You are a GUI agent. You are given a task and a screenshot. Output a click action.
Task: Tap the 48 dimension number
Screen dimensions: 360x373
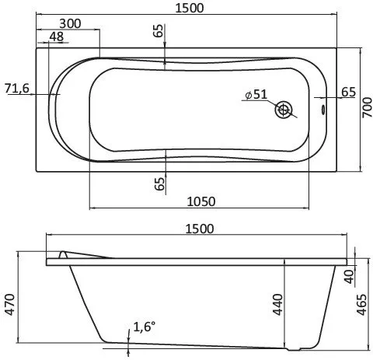(x=56, y=37)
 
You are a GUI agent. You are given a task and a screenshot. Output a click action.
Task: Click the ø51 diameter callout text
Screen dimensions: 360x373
(x=256, y=94)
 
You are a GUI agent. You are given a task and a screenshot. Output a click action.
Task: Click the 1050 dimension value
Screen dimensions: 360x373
(x=200, y=201)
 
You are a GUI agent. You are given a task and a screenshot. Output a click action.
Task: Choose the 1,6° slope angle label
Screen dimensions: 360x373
(x=145, y=327)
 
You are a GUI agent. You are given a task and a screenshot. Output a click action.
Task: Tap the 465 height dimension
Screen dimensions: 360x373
(x=363, y=306)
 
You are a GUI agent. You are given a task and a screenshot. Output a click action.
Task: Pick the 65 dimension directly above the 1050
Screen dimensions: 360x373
(x=159, y=184)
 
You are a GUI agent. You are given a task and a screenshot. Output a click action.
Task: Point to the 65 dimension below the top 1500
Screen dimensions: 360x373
(x=159, y=31)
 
